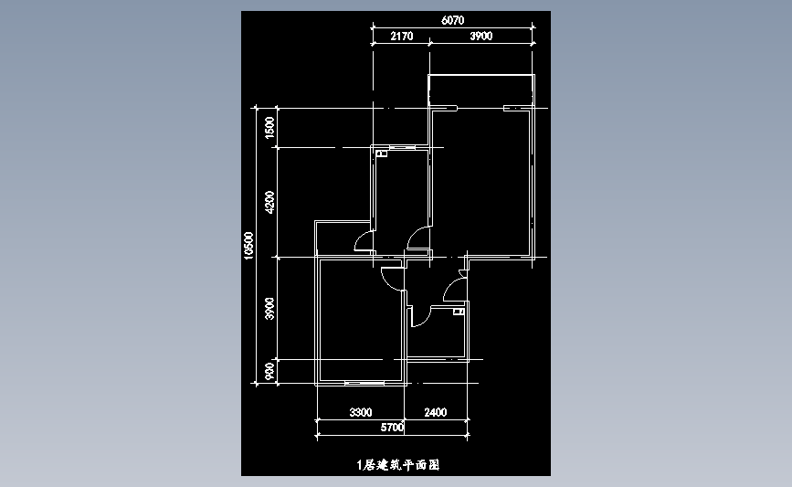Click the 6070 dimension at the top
click(x=452, y=20)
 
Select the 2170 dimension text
click(x=402, y=36)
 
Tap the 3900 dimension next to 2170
click(x=480, y=36)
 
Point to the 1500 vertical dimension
click(x=269, y=127)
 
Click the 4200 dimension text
click(x=269, y=202)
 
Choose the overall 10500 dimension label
click(x=248, y=246)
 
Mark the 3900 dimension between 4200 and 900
click(x=269, y=309)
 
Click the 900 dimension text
click(x=269, y=371)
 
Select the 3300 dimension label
click(x=361, y=412)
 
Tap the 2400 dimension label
click(x=436, y=412)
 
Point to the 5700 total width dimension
click(x=392, y=428)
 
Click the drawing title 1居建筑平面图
click(x=398, y=465)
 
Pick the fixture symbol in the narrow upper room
click(x=381, y=154)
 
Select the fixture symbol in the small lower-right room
click(x=459, y=312)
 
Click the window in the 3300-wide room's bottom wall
click(x=364, y=384)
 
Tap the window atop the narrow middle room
click(x=402, y=147)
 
